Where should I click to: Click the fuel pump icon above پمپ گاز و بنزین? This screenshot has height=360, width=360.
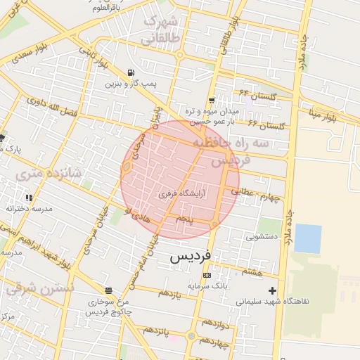point(131,73)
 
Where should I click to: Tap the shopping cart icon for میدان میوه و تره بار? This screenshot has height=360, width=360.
point(212,101)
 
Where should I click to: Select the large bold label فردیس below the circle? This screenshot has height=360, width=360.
point(191,257)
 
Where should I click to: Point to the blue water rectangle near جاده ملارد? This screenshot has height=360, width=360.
point(307,238)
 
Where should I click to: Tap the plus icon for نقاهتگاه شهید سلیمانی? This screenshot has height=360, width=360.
point(272,290)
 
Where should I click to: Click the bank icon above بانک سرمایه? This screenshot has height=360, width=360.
point(206,275)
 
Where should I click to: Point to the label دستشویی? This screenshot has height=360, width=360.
point(260,237)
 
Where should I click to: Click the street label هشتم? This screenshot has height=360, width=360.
point(251,271)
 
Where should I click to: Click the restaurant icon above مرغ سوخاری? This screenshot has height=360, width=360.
point(108,290)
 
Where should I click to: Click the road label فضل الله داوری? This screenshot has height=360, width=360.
point(51,108)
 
